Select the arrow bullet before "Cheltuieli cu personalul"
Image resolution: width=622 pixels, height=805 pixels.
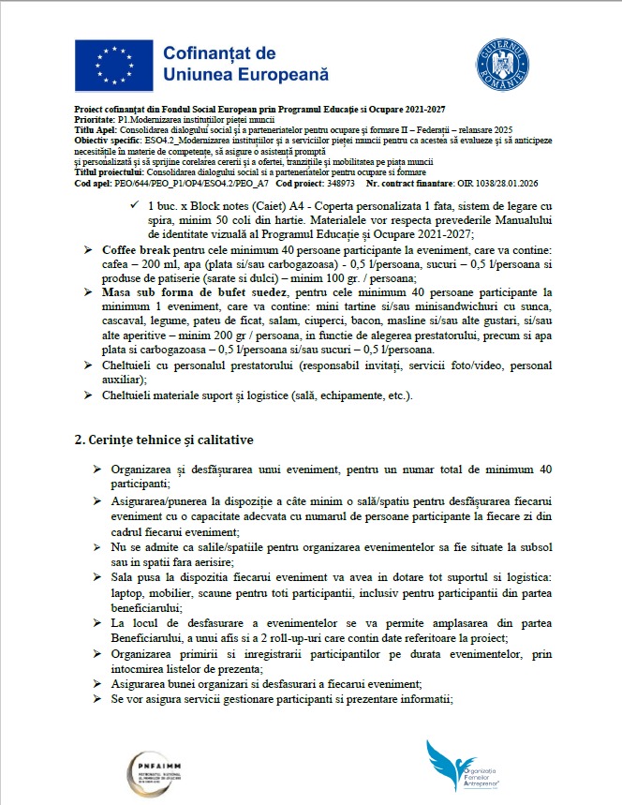click(90, 365)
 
